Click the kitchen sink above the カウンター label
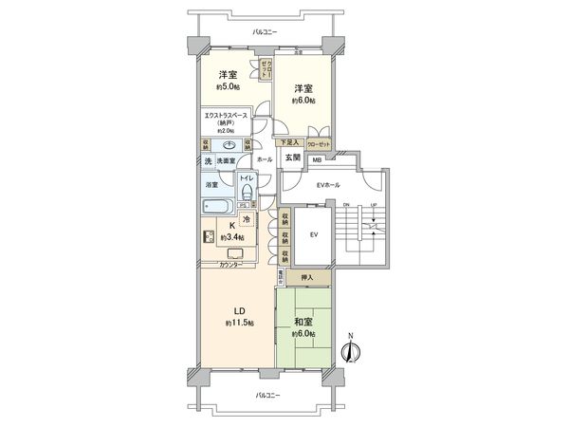click(235, 252)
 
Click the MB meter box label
click(317, 159)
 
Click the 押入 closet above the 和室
click(306, 278)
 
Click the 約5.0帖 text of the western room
click(228, 86)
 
